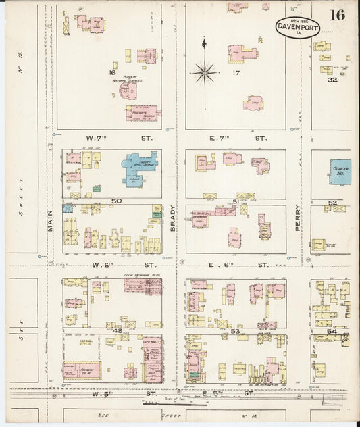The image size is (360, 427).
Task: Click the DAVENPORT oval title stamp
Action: pyautogui.click(x=297, y=27)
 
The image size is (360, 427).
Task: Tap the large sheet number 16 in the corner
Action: pyautogui.click(x=338, y=16)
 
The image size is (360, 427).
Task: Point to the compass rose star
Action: pyautogui.click(x=204, y=70)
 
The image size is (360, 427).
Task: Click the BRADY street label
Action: pyautogui.click(x=173, y=218)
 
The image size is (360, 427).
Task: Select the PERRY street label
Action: pyautogui.click(x=298, y=218)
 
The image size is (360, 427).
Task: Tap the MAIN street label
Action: pyautogui.click(x=51, y=220)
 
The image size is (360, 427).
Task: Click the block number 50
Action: pyautogui.click(x=116, y=201)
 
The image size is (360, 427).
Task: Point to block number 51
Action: pyautogui.click(x=236, y=201)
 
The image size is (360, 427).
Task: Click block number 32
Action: pyautogui.click(x=332, y=80)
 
